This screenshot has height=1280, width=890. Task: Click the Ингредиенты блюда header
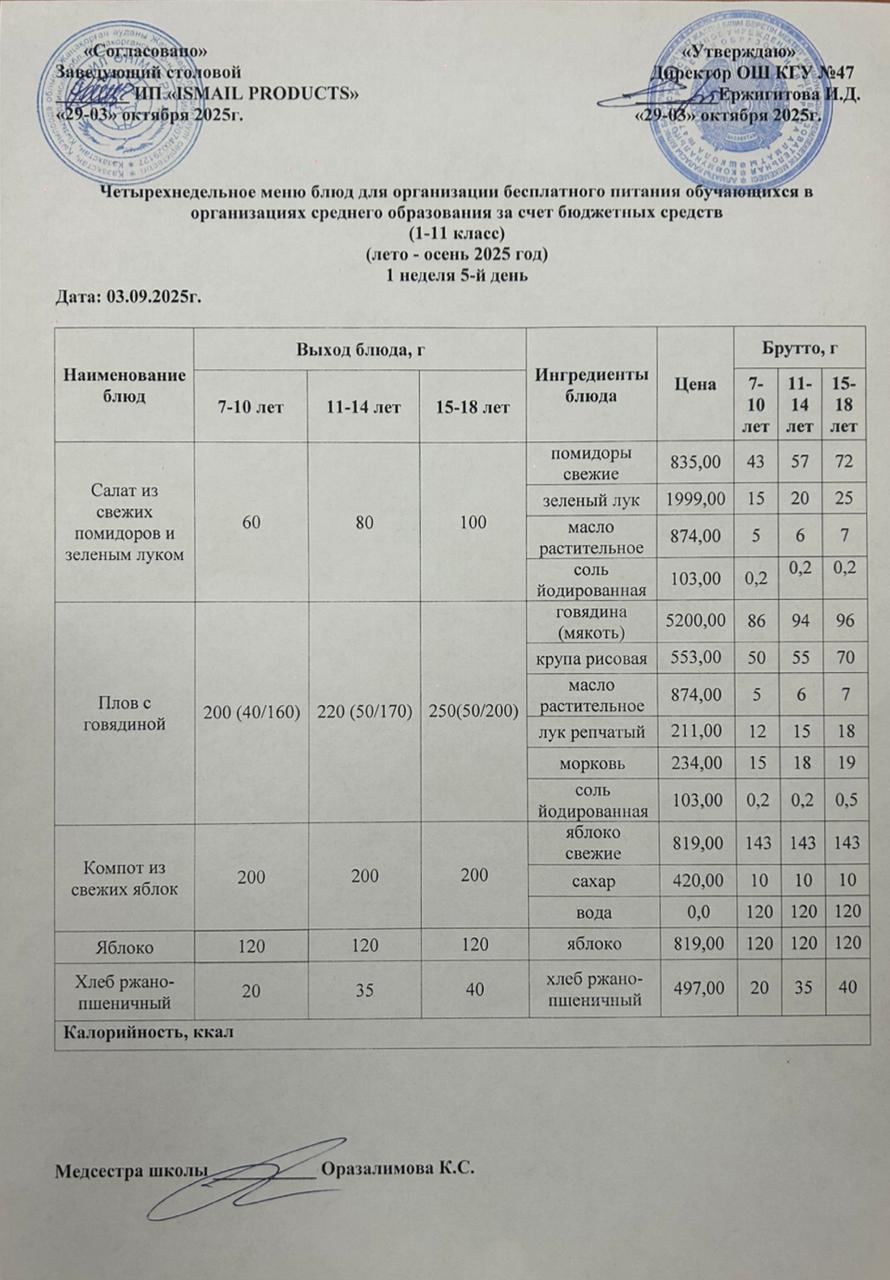tap(591, 385)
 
